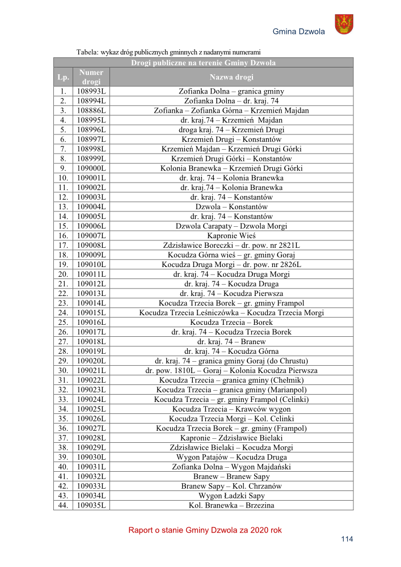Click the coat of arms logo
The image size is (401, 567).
pyautogui.click(x=344, y=24)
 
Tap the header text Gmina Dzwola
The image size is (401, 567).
pyautogui.click(x=298, y=32)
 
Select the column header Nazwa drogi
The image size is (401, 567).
pyautogui.click(x=231, y=77)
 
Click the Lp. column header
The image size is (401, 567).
pyautogui.click(x=62, y=77)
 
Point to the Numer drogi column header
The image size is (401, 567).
pyautogui.click(x=91, y=77)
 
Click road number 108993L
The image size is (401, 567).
pyautogui.click(x=91, y=91)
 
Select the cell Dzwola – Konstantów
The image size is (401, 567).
pyautogui.click(x=231, y=207)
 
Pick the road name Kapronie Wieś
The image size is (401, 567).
pyautogui.click(x=231, y=235)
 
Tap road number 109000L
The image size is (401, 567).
pyautogui.click(x=91, y=168)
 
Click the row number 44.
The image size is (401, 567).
pyautogui.click(x=62, y=505)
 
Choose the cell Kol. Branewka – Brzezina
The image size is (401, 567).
pyautogui.click(x=231, y=505)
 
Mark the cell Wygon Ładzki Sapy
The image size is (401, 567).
pyautogui.click(x=231, y=496)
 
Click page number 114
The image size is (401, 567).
pyautogui.click(x=347, y=539)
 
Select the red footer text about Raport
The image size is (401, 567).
pyautogui.click(x=205, y=530)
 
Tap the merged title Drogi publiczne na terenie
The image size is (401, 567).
pyautogui.click(x=203, y=63)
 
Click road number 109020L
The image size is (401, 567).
pyautogui.click(x=91, y=361)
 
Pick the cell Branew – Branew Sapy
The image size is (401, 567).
pyautogui.click(x=231, y=476)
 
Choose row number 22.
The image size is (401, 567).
pyautogui.click(x=62, y=293)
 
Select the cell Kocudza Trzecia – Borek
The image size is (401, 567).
pyautogui.click(x=231, y=322)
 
